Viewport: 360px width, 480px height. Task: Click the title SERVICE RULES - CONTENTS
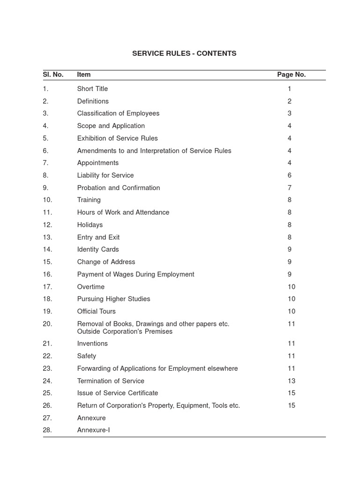pyautogui.click(x=184, y=53)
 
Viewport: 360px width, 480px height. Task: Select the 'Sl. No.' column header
pyautogui.click(x=53, y=75)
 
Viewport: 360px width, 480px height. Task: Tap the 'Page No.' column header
pyautogui.click(x=291, y=75)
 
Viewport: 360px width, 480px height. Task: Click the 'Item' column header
pyautogui.click(x=84, y=75)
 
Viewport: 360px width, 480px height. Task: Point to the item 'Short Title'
pyautogui.click(x=92, y=89)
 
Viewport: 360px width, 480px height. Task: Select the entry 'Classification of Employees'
pyautogui.click(x=118, y=113)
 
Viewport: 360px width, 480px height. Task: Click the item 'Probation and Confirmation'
pyautogui.click(x=119, y=187)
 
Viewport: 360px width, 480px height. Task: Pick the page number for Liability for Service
pyautogui.click(x=290, y=175)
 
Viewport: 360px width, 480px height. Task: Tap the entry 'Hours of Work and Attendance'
pyautogui.click(x=123, y=212)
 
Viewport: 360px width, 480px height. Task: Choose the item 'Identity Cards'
pyautogui.click(x=98, y=249)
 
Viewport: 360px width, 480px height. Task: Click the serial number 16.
pyautogui.click(x=47, y=274)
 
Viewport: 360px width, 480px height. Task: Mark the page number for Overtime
pyautogui.click(x=292, y=286)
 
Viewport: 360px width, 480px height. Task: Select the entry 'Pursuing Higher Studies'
pyautogui.click(x=113, y=299)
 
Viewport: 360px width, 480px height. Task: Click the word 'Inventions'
pyautogui.click(x=92, y=344)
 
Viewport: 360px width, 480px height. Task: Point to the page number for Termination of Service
pyautogui.click(x=292, y=381)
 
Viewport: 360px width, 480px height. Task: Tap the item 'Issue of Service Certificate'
pyautogui.click(x=118, y=393)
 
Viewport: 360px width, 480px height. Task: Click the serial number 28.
pyautogui.click(x=47, y=430)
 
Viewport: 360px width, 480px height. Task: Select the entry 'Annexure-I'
pyautogui.click(x=94, y=430)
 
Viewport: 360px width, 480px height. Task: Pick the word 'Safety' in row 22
pyautogui.click(x=87, y=356)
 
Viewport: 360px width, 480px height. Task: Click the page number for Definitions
pyautogui.click(x=290, y=101)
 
